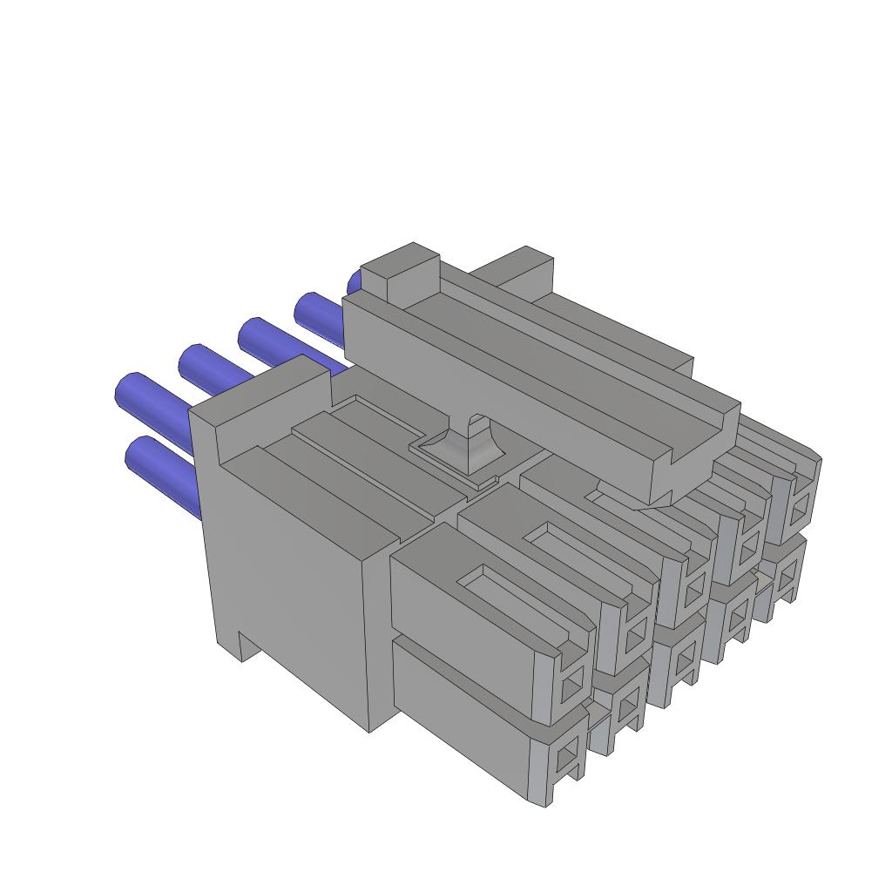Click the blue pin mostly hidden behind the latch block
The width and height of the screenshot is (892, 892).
(354, 282)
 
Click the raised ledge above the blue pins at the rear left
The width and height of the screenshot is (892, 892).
(261, 392)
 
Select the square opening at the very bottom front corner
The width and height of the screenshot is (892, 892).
(569, 753)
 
